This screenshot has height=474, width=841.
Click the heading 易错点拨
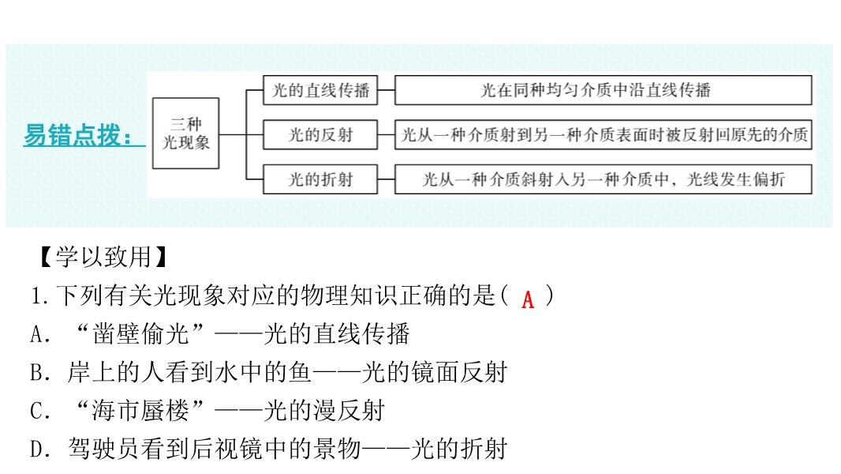pyautogui.click(x=78, y=135)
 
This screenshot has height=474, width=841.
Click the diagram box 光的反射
pyautogui.click(x=320, y=135)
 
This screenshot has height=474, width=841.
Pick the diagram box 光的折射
pyautogui.click(x=320, y=179)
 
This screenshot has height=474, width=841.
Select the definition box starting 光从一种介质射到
pyautogui.click(x=604, y=135)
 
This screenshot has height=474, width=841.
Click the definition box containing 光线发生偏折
pyautogui.click(x=604, y=179)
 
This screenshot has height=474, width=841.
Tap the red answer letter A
pyautogui.click(x=528, y=299)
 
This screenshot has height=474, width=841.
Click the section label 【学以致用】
pyautogui.click(x=103, y=257)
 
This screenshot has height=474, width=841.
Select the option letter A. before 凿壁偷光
pyautogui.click(x=40, y=334)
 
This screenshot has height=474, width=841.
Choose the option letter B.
pyautogui.click(x=40, y=373)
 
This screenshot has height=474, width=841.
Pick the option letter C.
pyautogui.click(x=40, y=412)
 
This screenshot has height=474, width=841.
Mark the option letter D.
pyautogui.click(x=40, y=450)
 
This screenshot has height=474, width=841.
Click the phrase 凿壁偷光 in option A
pyautogui.click(x=140, y=334)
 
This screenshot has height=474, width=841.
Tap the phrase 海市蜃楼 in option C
pyautogui.click(x=140, y=411)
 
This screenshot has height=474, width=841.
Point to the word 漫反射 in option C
pyautogui.click(x=349, y=411)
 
